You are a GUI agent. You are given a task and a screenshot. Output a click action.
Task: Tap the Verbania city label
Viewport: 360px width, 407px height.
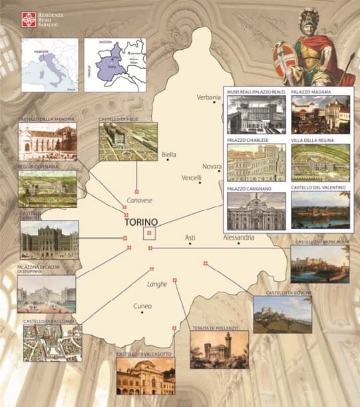tap(208, 97)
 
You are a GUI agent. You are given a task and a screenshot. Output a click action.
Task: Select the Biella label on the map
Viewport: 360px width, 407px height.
tap(169, 155)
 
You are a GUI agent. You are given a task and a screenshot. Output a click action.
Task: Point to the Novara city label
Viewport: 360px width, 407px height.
tap(212, 166)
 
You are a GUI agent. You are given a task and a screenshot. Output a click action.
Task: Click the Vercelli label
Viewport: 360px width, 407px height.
tap(191, 178)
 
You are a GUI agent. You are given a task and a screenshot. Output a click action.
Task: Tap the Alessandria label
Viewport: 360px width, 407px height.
tap(239, 238)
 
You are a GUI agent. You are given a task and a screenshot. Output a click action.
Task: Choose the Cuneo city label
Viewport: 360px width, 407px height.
tap(142, 306)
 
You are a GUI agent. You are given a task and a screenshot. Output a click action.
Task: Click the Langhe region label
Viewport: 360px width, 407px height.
tap(157, 285)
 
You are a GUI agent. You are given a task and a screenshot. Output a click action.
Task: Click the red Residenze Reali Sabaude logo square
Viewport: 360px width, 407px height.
tap(27, 19)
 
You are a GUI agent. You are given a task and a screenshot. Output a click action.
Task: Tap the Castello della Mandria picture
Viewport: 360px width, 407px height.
tap(47, 141)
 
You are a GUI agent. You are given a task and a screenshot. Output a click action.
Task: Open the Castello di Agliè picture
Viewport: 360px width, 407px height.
tap(128, 141)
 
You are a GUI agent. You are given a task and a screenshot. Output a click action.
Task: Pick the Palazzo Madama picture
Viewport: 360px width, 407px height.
tap(320, 114)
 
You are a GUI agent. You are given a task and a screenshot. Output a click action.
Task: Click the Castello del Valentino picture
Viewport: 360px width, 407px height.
tap(320, 210)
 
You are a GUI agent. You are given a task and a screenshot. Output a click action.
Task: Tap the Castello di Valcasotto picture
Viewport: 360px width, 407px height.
tap(146, 376)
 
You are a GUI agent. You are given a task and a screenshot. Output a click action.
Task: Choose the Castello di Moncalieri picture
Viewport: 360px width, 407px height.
tap(319, 264)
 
